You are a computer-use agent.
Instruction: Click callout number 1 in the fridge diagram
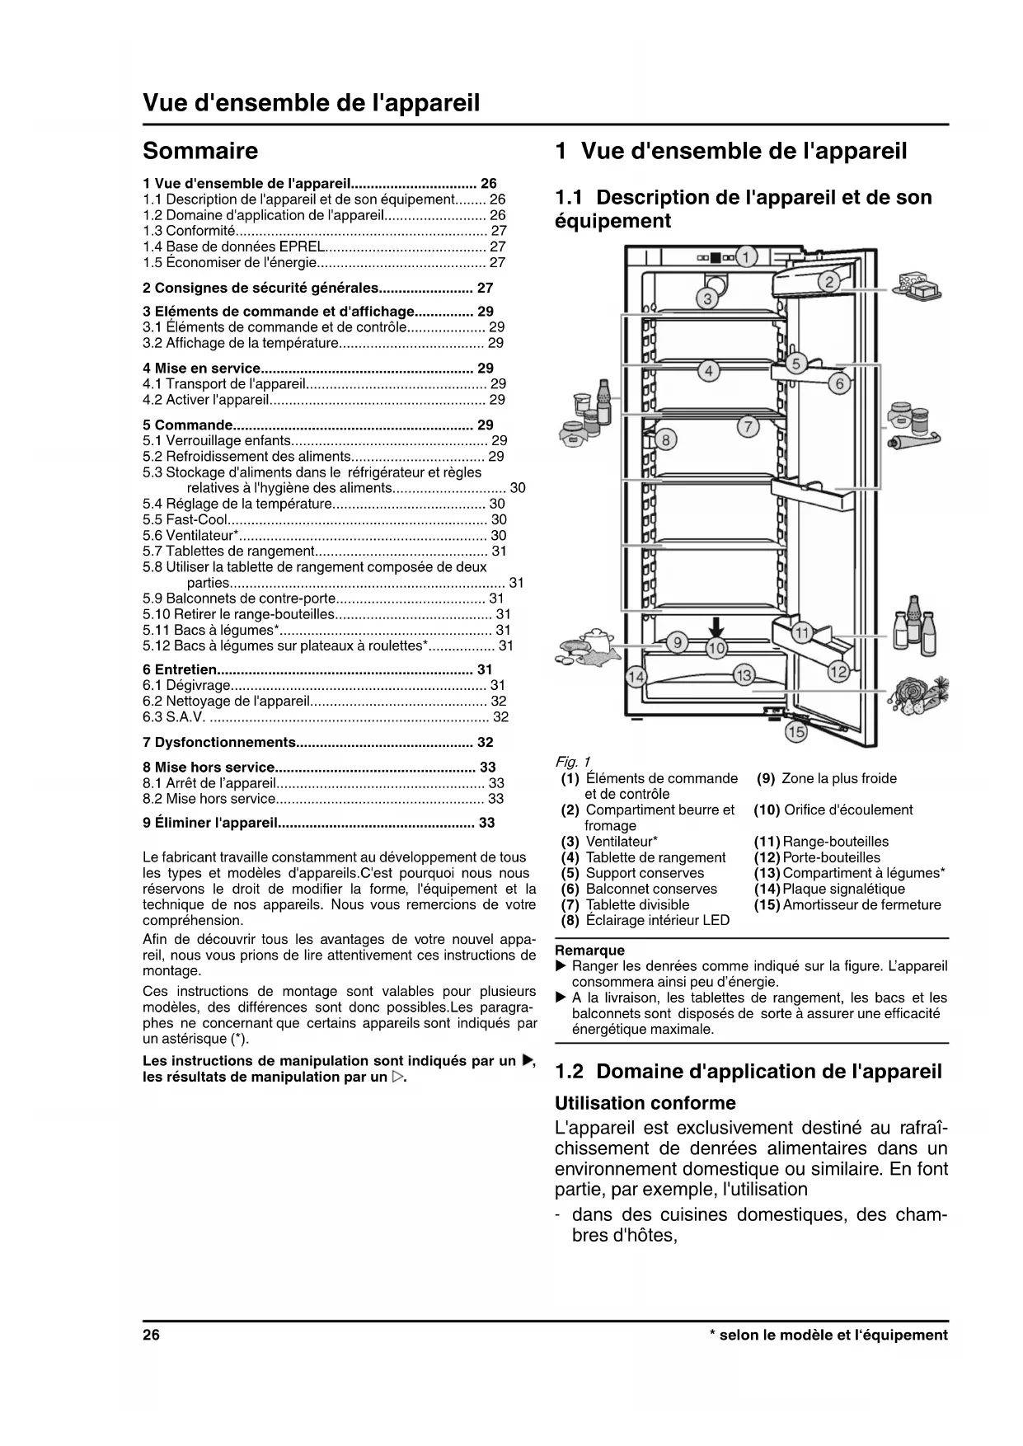click(745, 257)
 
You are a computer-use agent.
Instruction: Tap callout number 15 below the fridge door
click(795, 730)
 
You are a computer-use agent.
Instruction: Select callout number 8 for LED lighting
click(665, 439)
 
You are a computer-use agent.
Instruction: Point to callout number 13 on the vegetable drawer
click(744, 676)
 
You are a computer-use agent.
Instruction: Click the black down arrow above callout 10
click(716, 628)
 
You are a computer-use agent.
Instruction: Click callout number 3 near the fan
click(707, 298)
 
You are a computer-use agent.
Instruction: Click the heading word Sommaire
click(200, 151)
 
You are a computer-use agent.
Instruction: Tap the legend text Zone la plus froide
click(838, 778)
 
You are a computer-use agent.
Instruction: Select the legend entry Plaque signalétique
click(843, 889)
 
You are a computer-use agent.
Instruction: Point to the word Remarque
click(590, 951)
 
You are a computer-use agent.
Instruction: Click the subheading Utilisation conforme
click(645, 1103)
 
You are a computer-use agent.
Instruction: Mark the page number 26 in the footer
click(151, 1335)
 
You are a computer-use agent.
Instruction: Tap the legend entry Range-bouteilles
click(835, 842)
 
